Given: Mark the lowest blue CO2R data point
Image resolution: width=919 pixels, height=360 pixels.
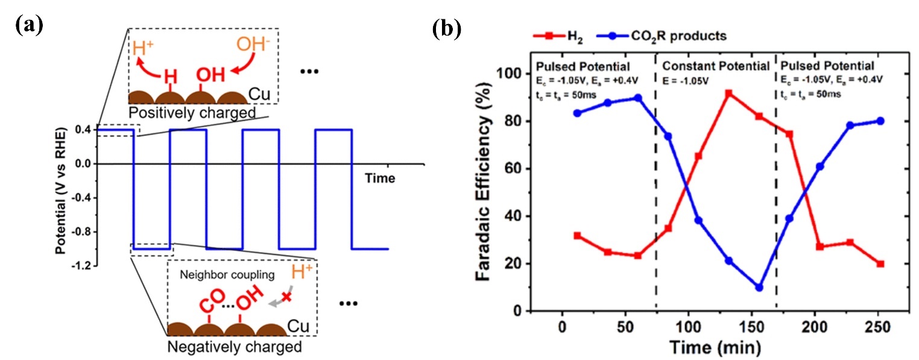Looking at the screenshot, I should [759, 288].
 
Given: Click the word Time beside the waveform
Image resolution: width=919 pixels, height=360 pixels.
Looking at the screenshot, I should [381, 178].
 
